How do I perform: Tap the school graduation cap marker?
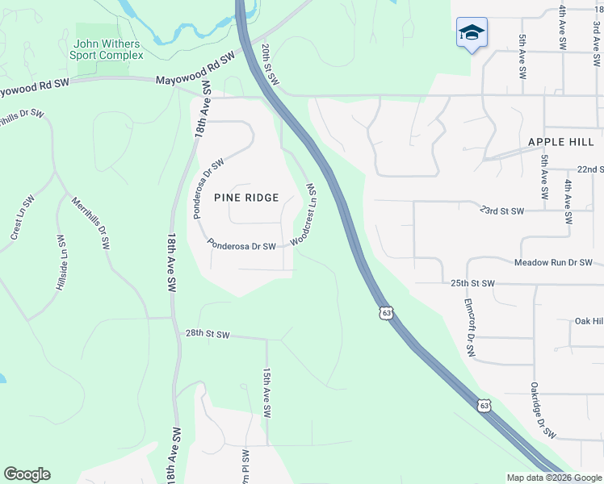pos(472,33)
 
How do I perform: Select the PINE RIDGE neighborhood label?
pos(246,198)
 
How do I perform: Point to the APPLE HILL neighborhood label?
pos(560,142)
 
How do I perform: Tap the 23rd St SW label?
pos(501,211)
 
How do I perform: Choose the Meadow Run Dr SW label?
pos(553,263)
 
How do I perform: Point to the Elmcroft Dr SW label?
pos(470,328)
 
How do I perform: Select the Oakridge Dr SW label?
pos(543,411)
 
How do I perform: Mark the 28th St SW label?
pos(208,334)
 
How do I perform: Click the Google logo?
pos(27,474)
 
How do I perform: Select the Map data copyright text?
pos(553,478)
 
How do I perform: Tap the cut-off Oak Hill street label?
pos(589,321)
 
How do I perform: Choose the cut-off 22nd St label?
pos(590,169)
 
